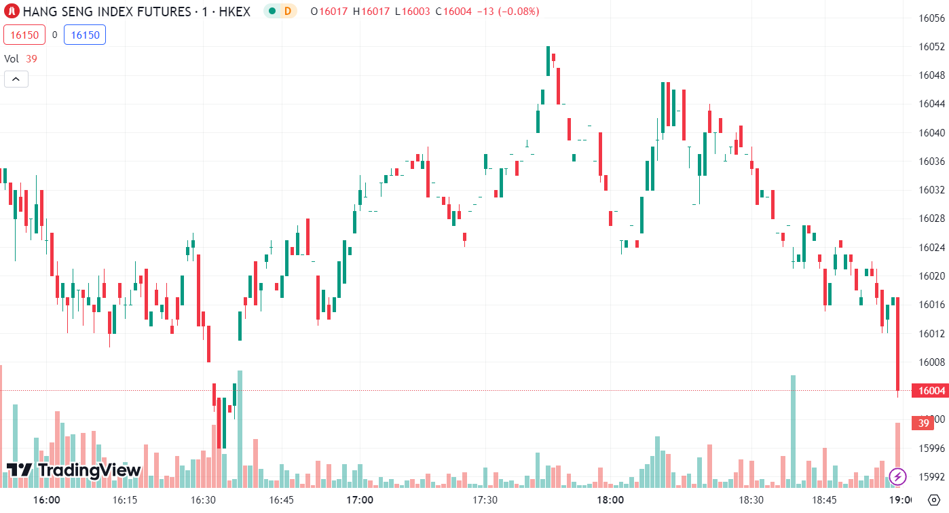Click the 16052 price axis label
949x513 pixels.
pyautogui.click(x=931, y=47)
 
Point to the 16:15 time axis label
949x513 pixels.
pyautogui.click(x=124, y=500)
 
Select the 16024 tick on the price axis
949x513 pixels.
pyautogui.click(x=931, y=247)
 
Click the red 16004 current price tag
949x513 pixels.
pyautogui.click(x=931, y=391)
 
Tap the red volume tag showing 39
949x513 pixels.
pyautogui.click(x=923, y=423)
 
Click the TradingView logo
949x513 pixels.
pyautogui.click(x=73, y=470)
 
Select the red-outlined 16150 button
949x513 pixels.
pyautogui.click(x=24, y=35)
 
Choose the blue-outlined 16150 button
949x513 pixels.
pyautogui.click(x=85, y=35)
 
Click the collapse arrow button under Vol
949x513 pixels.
pyautogui.click(x=16, y=79)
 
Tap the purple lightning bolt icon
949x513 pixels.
pyautogui.click(x=898, y=476)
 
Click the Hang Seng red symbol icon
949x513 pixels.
pyautogui.click(x=11, y=11)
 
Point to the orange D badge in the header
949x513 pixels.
pyautogui.click(x=288, y=11)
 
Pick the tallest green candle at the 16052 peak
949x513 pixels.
pyautogui.click(x=548, y=61)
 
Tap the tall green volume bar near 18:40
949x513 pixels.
pyautogui.click(x=793, y=431)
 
